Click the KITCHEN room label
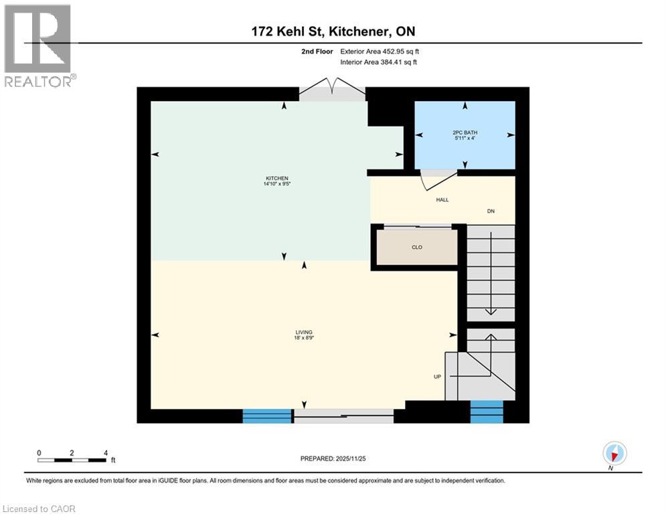pos(276,178)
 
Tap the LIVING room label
pos(305,333)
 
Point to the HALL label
pos(442,199)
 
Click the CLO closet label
pos(417,247)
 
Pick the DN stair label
pos(491,211)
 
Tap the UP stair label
pos(437,376)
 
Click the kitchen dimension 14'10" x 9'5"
pos(276,185)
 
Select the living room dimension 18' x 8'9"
pos(305,339)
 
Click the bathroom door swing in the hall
pos(438,179)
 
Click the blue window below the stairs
pos(487,412)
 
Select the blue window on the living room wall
pos(267,416)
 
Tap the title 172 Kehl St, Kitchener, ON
pos(332,31)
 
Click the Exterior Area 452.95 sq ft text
pos(380,51)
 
